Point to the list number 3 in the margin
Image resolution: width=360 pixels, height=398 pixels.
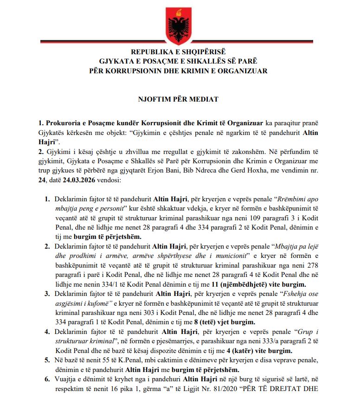pos(47,294)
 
